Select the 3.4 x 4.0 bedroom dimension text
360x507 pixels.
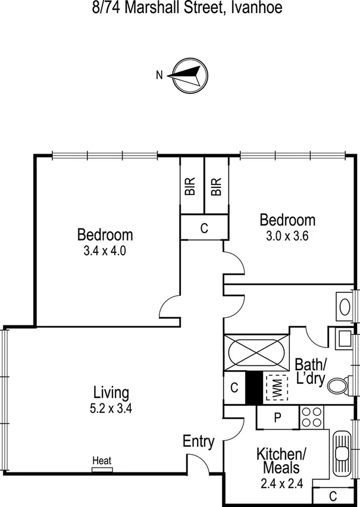(x=105, y=251)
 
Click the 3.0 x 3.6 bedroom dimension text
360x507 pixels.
(x=287, y=236)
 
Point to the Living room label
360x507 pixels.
(x=111, y=393)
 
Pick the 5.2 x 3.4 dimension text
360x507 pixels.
(x=111, y=409)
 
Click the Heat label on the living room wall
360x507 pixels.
(x=102, y=461)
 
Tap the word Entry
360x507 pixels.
(x=198, y=442)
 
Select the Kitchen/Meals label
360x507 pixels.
(x=281, y=461)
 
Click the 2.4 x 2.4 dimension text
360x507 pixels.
(x=281, y=483)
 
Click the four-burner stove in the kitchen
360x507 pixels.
(x=311, y=416)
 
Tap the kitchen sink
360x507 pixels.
(x=341, y=453)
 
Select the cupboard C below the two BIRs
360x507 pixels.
(x=204, y=228)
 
